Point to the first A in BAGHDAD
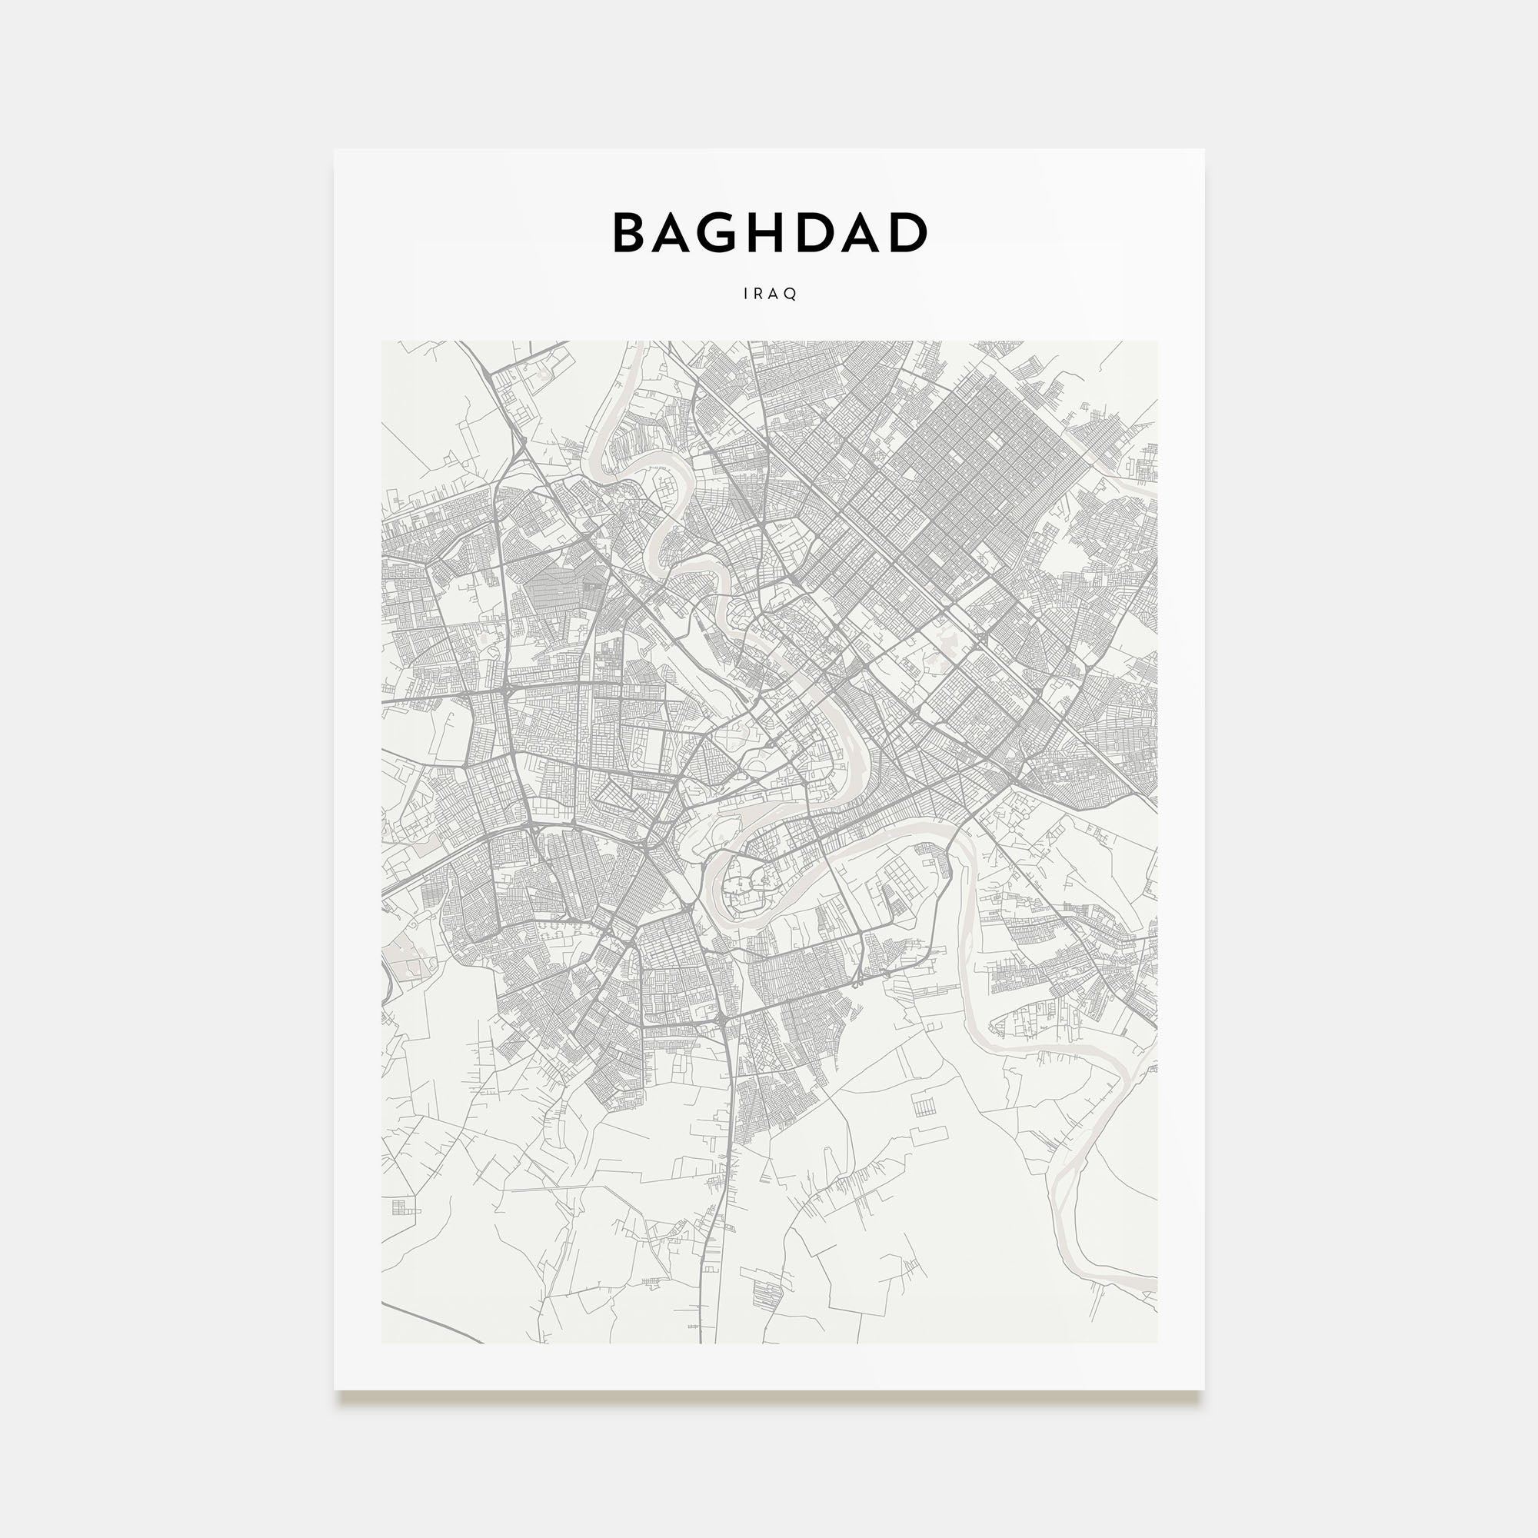pos(678,232)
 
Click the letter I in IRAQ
pos(746,294)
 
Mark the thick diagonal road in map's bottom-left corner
pos(430,1326)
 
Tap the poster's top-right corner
pos(1203,151)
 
